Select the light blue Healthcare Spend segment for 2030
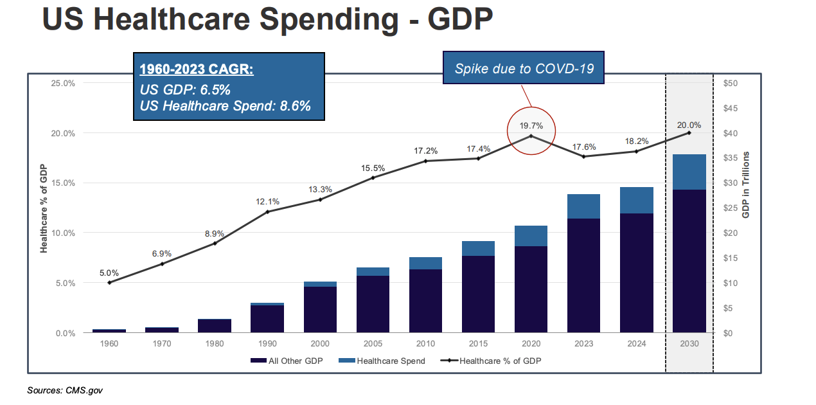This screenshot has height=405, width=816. (689, 172)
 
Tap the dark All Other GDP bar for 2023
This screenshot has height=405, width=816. (583, 275)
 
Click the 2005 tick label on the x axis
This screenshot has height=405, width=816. (373, 344)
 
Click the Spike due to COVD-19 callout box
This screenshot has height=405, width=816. (523, 67)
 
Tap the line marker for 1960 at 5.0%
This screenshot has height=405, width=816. (109, 282)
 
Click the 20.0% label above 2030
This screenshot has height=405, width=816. (689, 125)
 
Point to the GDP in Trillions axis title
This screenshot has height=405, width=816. (746, 185)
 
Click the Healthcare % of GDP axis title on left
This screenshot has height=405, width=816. (44, 208)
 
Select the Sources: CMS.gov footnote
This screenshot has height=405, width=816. (65, 390)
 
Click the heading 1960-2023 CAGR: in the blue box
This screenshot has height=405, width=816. (196, 69)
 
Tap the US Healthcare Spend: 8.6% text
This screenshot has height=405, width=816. (225, 105)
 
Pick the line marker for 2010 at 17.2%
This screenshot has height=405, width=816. (425, 161)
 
